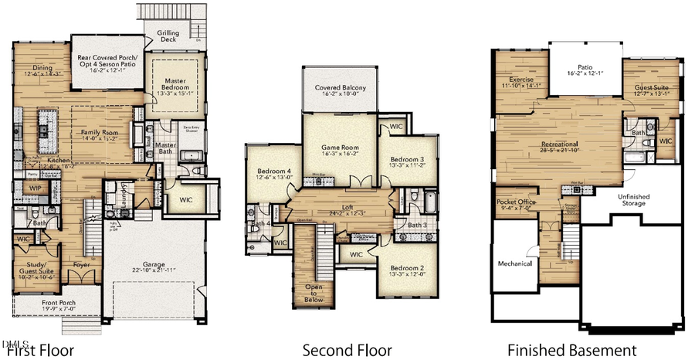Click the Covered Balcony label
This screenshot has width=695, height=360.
pyautogui.click(x=340, y=88)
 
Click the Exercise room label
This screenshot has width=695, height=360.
pyautogui.click(x=521, y=80)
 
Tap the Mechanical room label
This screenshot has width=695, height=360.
pyautogui.click(x=514, y=263)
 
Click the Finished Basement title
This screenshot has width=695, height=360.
pyautogui.click(x=571, y=350)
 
